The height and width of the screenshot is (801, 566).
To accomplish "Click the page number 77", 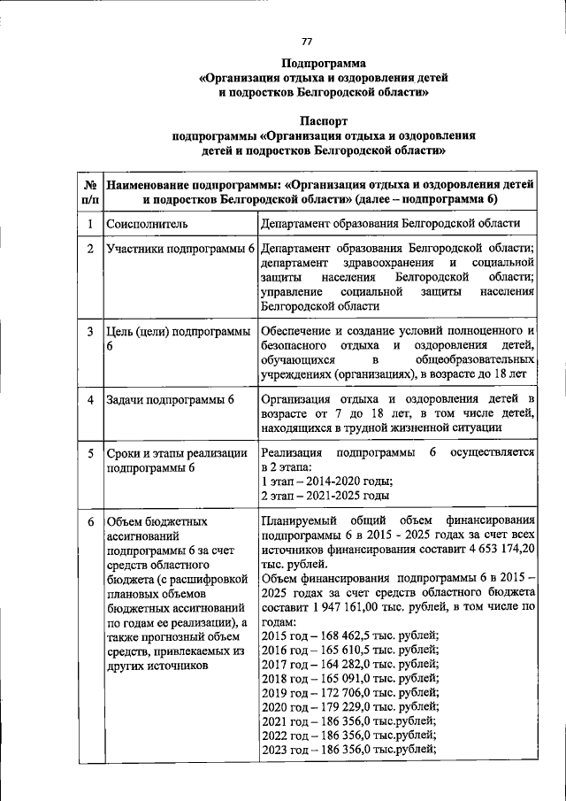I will click(307, 42).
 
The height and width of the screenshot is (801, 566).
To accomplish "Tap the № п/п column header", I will click(90, 193).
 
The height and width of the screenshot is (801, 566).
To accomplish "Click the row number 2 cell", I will click(90, 250).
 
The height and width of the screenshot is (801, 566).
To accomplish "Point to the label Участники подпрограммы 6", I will click(180, 250).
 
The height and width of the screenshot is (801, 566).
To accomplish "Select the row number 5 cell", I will click(90, 453).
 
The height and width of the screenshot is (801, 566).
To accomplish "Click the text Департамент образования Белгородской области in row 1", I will click(390, 225).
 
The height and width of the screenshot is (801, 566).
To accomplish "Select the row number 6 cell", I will click(90, 521).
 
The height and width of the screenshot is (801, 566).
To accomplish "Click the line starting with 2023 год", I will click(349, 749).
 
